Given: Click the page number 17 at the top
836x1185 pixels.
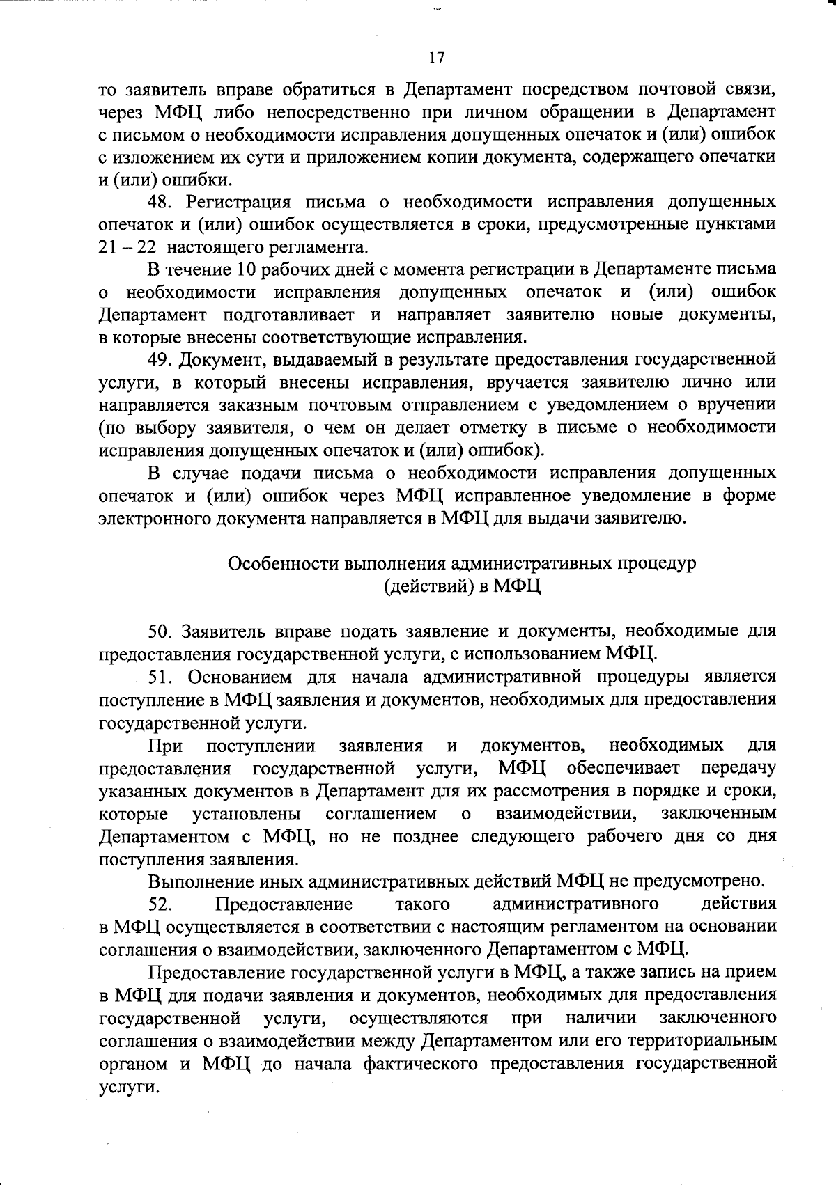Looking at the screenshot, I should coord(437,58).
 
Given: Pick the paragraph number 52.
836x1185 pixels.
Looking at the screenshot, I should coord(164,904).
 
